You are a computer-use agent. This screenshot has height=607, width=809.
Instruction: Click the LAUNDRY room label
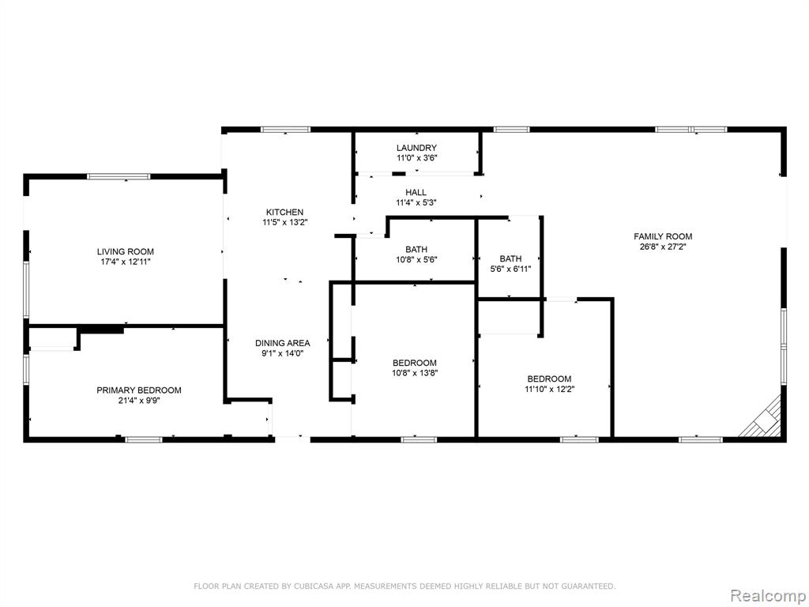coord(416,148)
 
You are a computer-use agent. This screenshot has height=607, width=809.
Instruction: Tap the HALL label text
coord(416,193)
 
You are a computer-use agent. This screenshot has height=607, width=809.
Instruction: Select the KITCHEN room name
coord(284,212)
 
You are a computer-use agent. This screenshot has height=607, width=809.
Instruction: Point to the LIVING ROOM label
coord(126,252)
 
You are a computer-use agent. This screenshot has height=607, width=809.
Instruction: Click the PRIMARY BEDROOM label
coord(139,390)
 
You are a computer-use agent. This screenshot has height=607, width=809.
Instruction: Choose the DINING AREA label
coord(283,343)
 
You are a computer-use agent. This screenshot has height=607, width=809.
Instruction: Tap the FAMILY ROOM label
coord(663,236)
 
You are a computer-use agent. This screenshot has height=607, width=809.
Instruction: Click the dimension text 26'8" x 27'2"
coord(663,247)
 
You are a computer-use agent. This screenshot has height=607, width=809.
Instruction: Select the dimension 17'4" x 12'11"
coord(126,262)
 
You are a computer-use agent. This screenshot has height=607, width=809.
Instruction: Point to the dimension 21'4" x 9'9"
coord(139,401)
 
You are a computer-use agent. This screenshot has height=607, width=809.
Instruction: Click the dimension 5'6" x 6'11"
coord(510,269)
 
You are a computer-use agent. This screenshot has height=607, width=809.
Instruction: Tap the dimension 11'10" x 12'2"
coord(550,389)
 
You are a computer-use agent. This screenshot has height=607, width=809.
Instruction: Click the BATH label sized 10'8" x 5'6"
coord(416,250)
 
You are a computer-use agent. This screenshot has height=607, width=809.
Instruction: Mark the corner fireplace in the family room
coord(762,418)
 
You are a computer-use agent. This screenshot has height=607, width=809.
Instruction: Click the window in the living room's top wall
coord(119,176)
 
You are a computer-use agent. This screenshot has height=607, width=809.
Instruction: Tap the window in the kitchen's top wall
coord(285,130)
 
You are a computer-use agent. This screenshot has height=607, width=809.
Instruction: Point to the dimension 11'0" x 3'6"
coord(416,158)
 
